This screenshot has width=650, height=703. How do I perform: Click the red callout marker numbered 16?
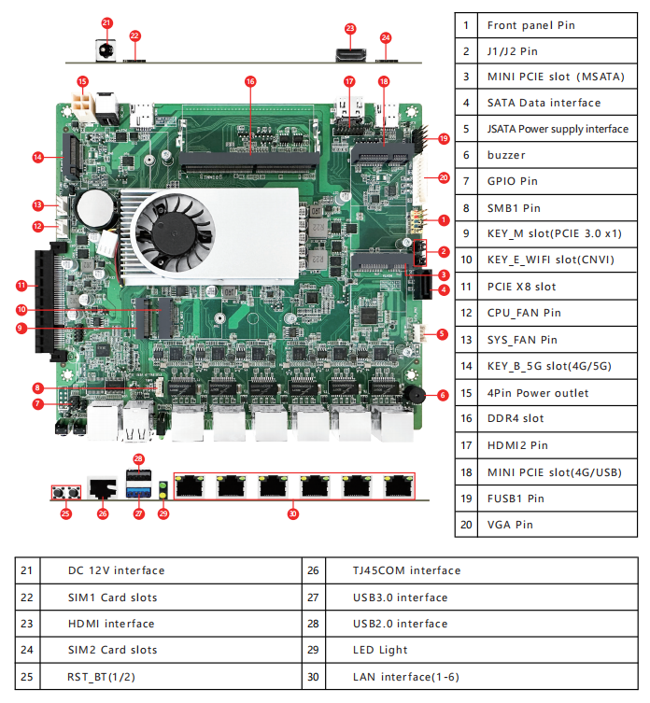point(249,81)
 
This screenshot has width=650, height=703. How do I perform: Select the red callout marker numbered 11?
point(21,285)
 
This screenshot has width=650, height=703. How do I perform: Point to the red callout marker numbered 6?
point(442,395)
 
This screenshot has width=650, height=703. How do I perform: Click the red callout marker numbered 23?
point(350,29)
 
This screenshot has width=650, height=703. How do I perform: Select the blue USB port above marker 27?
point(138,486)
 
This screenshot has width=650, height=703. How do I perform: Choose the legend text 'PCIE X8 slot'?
point(521,287)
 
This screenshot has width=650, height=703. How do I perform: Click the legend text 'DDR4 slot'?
point(516,418)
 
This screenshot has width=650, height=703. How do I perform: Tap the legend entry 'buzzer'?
point(506,155)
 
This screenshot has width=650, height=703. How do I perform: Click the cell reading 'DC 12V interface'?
point(116,570)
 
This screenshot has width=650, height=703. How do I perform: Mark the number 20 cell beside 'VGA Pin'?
point(466,525)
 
